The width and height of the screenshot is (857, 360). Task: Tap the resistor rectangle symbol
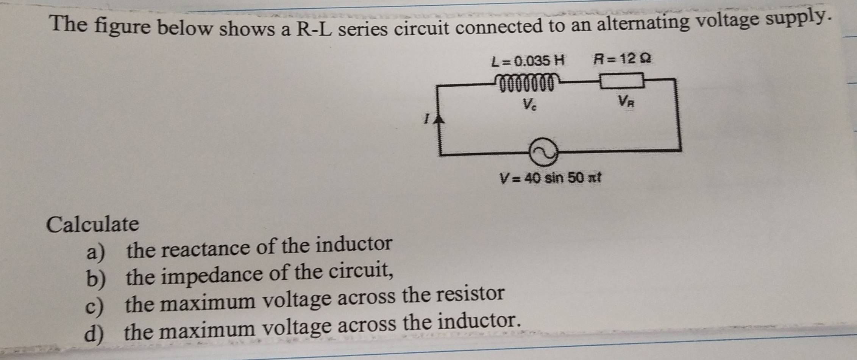[x=621, y=81]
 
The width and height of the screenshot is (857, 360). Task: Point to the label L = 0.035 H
[x=528, y=60]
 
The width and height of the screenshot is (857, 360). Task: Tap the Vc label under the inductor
[x=529, y=104]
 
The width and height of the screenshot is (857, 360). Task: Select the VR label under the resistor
[x=626, y=101]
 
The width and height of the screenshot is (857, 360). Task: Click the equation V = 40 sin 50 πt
[x=550, y=178]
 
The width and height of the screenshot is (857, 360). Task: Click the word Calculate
[x=93, y=224]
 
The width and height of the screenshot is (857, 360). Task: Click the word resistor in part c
[x=471, y=294]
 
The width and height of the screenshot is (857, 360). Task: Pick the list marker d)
[x=94, y=334]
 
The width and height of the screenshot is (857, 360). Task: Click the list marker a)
[x=95, y=253]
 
